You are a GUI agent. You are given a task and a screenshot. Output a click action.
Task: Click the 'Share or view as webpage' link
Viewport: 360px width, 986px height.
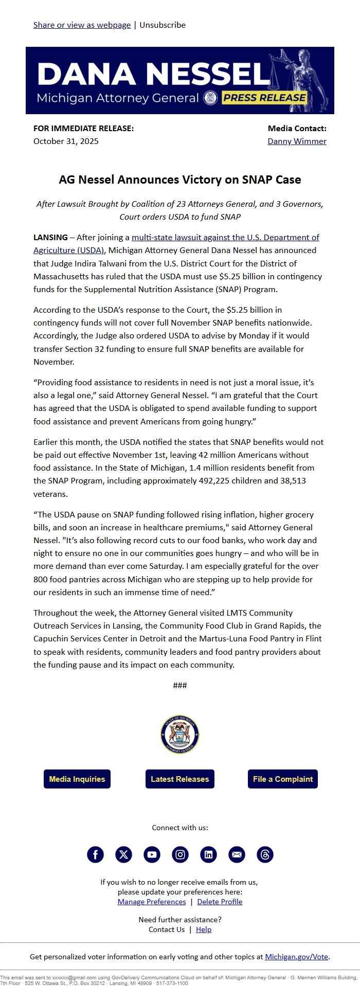click(x=82, y=25)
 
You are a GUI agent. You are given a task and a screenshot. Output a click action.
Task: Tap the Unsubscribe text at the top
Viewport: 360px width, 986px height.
click(x=163, y=25)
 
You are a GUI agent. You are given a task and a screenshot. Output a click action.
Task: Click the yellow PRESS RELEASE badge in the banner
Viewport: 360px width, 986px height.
click(x=264, y=98)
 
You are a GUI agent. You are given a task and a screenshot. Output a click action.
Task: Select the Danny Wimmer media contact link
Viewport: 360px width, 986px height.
click(x=297, y=141)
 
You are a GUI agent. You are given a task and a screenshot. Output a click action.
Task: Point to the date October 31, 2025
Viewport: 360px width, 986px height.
click(x=66, y=141)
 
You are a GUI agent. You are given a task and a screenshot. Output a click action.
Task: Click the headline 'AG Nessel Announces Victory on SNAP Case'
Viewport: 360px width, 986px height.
click(x=180, y=180)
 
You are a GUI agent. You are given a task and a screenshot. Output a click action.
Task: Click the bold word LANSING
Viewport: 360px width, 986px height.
click(x=50, y=238)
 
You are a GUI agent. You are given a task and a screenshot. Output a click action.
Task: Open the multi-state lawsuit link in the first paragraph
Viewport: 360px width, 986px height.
click(x=225, y=238)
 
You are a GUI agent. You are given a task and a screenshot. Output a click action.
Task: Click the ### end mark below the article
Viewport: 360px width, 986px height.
click(x=180, y=685)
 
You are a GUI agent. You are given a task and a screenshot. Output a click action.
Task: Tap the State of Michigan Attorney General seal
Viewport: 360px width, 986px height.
click(x=180, y=734)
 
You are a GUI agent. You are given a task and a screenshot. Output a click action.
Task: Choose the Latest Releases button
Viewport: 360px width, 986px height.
click(x=180, y=779)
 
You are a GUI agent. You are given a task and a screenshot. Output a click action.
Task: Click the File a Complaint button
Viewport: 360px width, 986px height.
click(x=283, y=779)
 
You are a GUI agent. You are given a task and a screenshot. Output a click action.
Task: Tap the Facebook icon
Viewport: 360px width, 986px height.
click(x=96, y=855)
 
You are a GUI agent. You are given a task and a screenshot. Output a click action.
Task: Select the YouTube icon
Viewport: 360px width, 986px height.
click(x=152, y=855)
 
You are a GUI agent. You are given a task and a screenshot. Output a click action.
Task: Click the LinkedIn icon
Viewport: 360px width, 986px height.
click(x=208, y=855)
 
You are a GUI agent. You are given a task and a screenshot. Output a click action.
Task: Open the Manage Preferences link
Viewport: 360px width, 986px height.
click(x=152, y=902)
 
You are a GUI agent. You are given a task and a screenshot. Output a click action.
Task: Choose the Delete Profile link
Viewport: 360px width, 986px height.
click(x=220, y=902)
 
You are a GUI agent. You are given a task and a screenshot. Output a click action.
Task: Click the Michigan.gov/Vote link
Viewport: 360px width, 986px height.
click(x=297, y=957)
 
